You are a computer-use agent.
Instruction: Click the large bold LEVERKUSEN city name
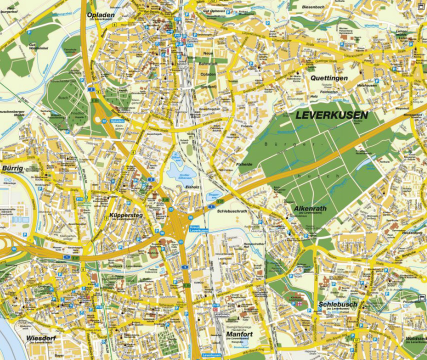tap(331, 115)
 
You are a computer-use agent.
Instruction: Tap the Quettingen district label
tap(328, 78)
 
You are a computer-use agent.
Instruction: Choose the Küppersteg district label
tap(126, 215)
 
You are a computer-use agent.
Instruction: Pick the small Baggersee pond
tap(212, 195)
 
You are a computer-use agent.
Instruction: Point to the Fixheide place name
tap(244, 164)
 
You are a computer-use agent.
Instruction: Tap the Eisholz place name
tap(192, 187)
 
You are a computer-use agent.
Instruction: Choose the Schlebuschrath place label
tap(233, 211)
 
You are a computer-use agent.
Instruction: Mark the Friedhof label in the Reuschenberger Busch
tap(77, 113)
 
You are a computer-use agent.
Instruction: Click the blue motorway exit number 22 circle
tap(104, 121)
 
